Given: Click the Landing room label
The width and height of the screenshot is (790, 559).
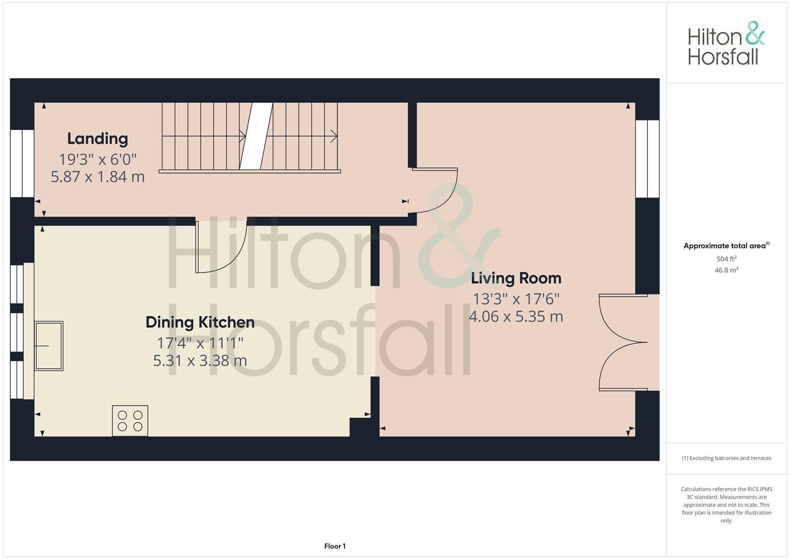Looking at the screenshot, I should (97, 139).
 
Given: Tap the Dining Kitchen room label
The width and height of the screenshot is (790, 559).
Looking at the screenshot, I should (200, 322).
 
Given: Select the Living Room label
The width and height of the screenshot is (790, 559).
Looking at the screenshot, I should (516, 278).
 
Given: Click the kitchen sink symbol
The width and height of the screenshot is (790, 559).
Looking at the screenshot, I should (49, 346).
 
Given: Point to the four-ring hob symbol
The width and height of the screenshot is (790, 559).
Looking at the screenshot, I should (130, 420).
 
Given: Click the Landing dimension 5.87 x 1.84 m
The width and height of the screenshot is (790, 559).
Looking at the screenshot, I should (97, 177).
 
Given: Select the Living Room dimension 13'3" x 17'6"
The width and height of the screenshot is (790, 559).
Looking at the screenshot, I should (516, 299).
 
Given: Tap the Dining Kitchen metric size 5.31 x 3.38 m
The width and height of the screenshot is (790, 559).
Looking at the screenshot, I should (200, 360).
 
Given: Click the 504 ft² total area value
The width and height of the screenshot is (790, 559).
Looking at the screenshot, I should (726, 259).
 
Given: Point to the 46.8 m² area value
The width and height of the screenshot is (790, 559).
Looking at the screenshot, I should (726, 270).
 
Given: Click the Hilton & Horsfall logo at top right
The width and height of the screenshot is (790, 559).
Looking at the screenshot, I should (726, 43).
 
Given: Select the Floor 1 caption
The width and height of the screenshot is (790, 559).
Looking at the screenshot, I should (335, 546).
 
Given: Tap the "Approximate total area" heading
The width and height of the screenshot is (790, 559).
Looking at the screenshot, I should (726, 246).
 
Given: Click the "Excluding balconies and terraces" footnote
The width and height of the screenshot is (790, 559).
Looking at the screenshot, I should (726, 458).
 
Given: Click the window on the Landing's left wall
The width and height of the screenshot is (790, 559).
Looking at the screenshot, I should (22, 163).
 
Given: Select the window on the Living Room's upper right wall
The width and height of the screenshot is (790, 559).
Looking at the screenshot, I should (647, 159).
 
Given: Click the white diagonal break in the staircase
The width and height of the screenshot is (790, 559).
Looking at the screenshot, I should (256, 136).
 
